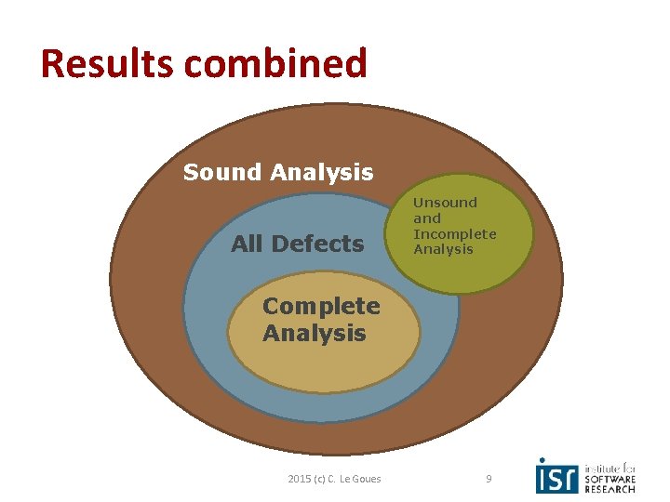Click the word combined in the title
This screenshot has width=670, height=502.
(x=275, y=63)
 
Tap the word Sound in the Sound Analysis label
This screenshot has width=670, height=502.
(x=223, y=172)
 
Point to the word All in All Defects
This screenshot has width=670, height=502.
(x=247, y=244)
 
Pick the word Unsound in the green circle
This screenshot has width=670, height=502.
(x=445, y=202)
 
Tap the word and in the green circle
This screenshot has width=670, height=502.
(x=427, y=218)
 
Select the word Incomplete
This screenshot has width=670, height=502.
(x=455, y=233)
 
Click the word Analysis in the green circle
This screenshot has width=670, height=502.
(x=443, y=249)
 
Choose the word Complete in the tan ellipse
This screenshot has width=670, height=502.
(x=321, y=306)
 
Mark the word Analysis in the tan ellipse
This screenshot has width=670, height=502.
(x=315, y=333)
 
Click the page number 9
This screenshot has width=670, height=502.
(x=489, y=479)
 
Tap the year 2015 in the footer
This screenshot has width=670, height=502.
(x=301, y=479)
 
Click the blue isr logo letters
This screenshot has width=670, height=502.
(x=557, y=476)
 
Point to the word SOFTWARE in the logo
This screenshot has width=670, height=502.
(x=610, y=479)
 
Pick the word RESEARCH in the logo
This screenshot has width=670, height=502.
(x=610, y=489)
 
